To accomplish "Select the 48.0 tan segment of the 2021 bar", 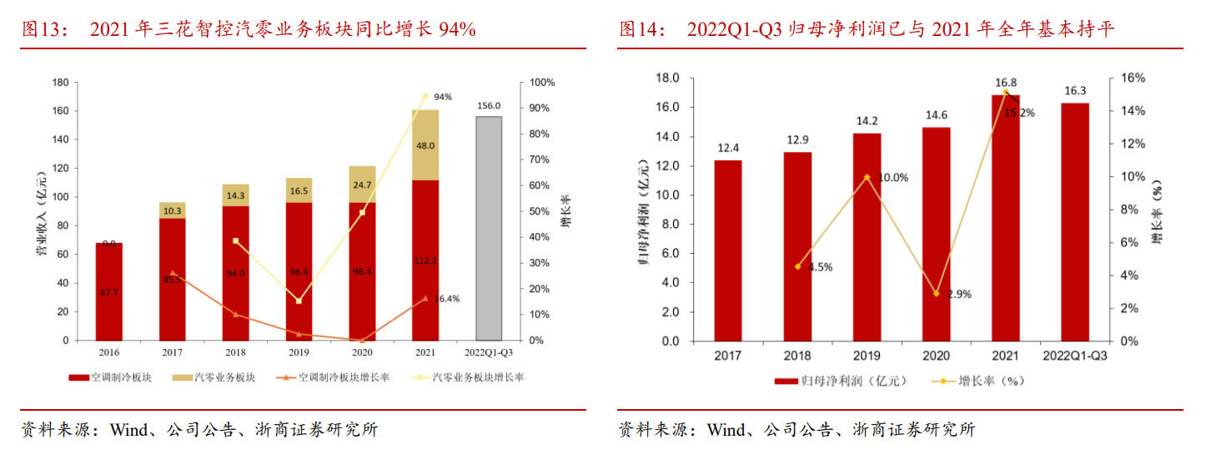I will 425,145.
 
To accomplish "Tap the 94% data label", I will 443,97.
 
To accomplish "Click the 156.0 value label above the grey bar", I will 489,106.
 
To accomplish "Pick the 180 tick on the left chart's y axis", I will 59,83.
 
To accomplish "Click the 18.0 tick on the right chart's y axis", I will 669,78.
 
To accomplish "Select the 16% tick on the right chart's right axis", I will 1132,78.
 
